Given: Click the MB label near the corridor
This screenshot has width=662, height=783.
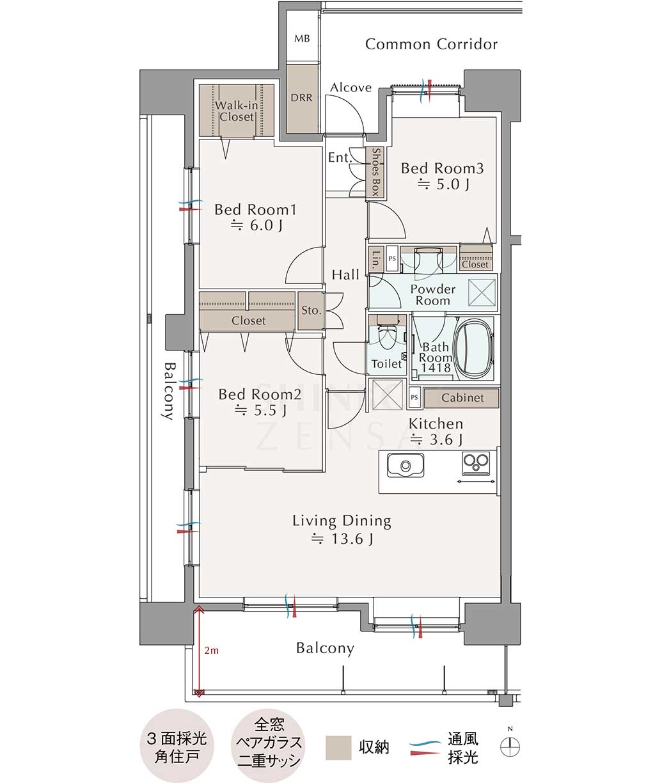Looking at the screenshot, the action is tap(302, 38).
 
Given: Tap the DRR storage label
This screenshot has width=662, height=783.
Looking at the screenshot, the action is tap(301, 98).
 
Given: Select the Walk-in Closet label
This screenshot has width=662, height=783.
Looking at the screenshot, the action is tap(236, 111).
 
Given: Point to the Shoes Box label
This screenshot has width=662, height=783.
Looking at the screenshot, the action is tap(375, 171).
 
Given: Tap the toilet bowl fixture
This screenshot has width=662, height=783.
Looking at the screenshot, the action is tap(387, 336).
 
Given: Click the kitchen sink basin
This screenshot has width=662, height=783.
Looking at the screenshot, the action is tap(406, 465).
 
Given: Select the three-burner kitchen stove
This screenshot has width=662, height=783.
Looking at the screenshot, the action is tap(476, 463).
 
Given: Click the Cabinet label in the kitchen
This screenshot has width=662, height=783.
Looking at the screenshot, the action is tap(462, 398).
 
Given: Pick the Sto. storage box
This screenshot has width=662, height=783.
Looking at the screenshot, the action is tap(311, 311).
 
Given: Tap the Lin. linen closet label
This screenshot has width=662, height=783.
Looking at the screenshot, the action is tap(377, 260).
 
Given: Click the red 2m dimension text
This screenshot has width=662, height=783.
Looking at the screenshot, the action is tap(211, 651).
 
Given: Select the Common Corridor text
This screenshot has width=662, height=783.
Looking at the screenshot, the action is tap(431, 44).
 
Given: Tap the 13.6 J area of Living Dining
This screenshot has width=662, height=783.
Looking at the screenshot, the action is tap(343, 538).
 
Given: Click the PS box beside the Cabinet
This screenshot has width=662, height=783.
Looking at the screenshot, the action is tap(414, 397).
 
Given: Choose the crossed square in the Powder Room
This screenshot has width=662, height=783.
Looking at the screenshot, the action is tap(482, 292).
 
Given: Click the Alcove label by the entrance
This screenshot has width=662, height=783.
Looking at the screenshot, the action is tap(351, 88).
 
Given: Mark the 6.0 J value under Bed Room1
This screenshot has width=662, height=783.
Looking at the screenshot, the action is tap(256, 225).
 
